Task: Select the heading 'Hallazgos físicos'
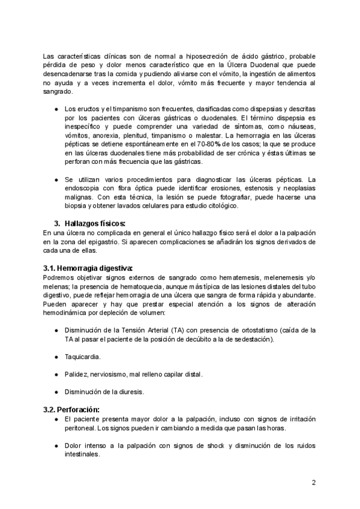point(95,223)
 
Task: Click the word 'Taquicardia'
point(83,357)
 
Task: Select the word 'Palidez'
point(76,374)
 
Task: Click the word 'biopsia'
point(78,206)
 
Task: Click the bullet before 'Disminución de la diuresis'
point(56,391)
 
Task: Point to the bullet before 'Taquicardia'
point(56,357)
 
